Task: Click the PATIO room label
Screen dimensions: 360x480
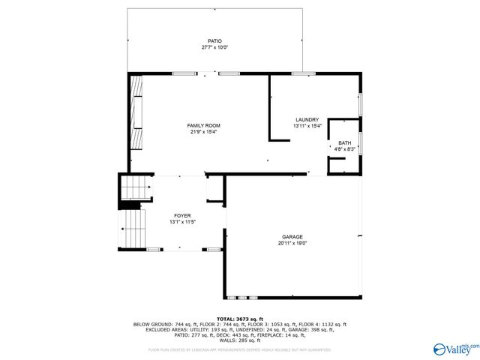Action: click(214, 40)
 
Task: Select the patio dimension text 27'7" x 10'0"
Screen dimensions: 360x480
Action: click(214, 46)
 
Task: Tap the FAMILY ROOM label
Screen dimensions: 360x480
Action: click(202, 125)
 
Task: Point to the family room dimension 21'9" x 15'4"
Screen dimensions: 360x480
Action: click(202, 132)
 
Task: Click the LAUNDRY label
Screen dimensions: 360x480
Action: click(307, 119)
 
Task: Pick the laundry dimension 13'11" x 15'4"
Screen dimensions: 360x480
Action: click(307, 126)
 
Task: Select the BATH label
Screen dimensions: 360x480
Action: click(344, 142)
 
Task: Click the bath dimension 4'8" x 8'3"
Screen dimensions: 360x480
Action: click(344, 148)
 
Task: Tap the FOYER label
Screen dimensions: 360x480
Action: click(183, 215)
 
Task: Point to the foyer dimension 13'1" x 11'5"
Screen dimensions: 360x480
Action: click(183, 222)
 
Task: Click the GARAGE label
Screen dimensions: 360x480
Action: click(292, 236)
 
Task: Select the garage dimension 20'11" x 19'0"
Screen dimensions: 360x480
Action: click(292, 243)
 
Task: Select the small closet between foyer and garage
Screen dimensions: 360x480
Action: click(214, 190)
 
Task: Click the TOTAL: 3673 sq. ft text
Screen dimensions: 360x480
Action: click(240, 319)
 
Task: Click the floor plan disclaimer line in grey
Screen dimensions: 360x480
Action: click(240, 349)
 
